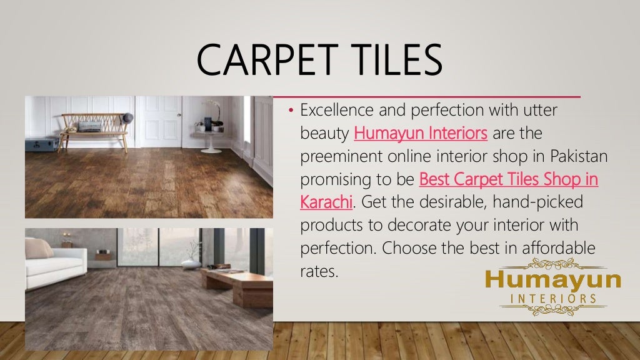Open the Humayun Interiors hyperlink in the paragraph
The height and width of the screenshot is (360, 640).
(421, 133)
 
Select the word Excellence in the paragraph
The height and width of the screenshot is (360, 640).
(339, 111)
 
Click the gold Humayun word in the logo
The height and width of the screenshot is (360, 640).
(553, 279)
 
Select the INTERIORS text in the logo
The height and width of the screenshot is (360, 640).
(553, 299)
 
